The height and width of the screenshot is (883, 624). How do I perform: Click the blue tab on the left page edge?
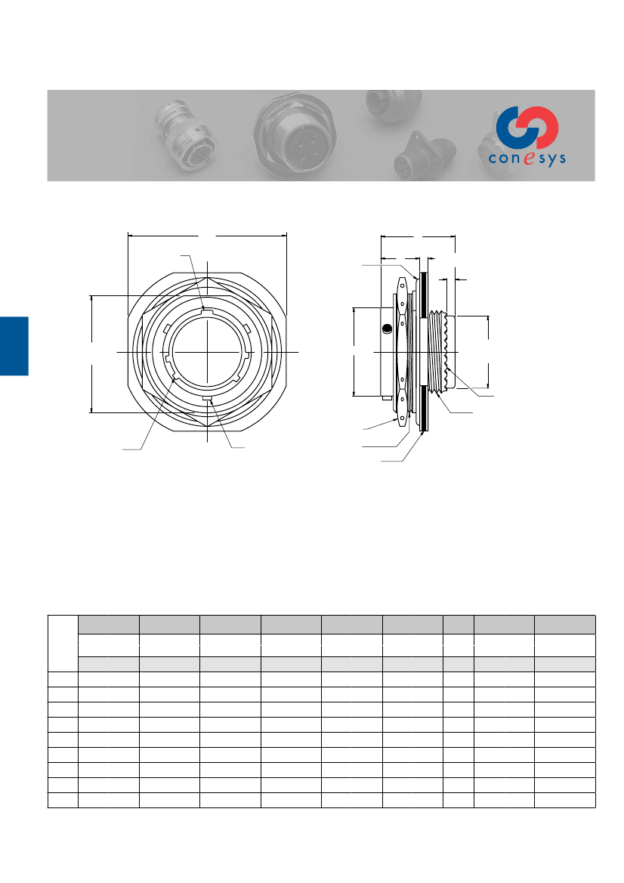point(14,346)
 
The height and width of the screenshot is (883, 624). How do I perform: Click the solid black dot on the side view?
point(386,329)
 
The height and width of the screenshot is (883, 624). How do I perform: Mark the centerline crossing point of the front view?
point(207,353)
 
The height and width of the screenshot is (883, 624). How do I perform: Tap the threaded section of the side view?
point(440,351)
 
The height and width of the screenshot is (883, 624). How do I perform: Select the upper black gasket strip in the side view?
point(424,295)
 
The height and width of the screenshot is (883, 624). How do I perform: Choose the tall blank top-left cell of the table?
point(63,643)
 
